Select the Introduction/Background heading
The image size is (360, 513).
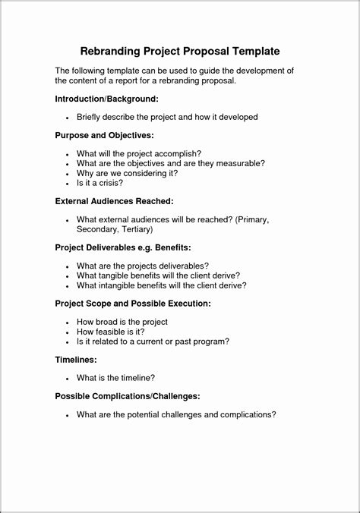(x=106, y=99)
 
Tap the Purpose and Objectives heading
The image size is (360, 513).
(x=105, y=135)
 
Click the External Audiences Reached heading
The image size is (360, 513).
(x=115, y=201)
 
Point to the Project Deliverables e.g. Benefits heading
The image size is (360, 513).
(x=123, y=247)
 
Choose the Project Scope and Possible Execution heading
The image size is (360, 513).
(x=133, y=303)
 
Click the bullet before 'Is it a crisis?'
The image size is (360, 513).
(x=68, y=183)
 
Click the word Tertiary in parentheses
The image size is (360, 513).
(x=135, y=228)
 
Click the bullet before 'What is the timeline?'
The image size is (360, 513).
(x=68, y=377)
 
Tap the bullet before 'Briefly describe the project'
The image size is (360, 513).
(x=68, y=118)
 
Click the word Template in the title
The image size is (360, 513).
(x=252, y=51)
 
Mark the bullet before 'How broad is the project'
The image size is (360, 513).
(x=68, y=322)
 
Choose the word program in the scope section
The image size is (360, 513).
(x=206, y=341)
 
